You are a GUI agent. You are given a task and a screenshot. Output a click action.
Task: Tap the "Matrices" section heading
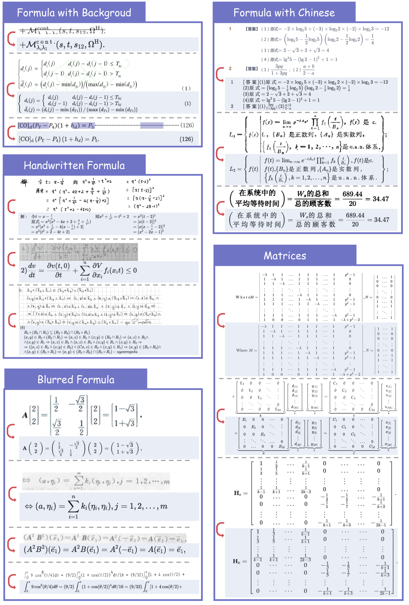click(285, 256)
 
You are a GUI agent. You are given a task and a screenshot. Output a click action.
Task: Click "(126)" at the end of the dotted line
click(187, 125)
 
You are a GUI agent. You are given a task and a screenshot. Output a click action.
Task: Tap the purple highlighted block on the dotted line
click(152, 125)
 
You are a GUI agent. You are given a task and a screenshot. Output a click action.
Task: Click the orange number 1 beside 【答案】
click(230, 29)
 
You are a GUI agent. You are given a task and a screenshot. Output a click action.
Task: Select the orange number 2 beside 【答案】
click(230, 69)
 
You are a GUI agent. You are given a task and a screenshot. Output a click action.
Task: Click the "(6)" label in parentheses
click(23, 328)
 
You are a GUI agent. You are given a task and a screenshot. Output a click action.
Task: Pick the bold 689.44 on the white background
click(352, 194)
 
